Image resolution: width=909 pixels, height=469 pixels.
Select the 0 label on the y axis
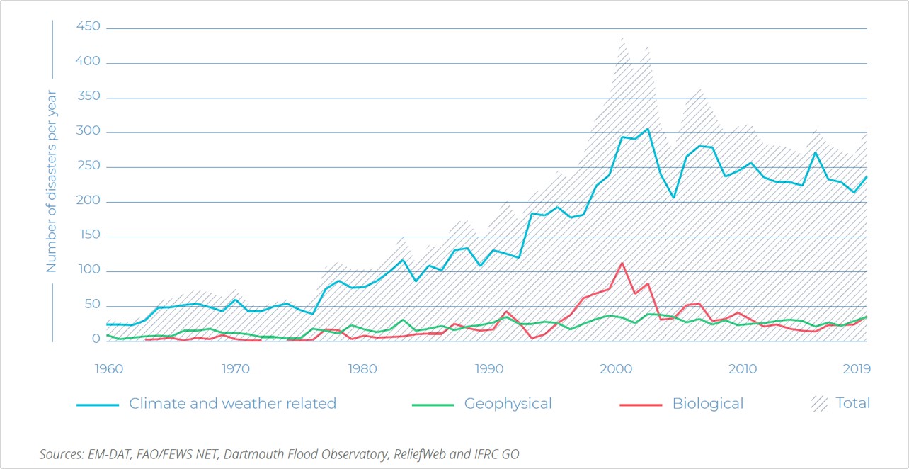pos(97,339)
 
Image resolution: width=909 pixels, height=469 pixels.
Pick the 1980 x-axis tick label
pos(362,369)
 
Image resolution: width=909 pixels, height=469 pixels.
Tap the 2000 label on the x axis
pos(615,369)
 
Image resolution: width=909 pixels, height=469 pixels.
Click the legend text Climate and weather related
pos(232,404)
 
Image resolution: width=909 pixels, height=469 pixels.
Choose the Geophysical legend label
pos(508,404)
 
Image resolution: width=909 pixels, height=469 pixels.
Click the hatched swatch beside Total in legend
pos(818,403)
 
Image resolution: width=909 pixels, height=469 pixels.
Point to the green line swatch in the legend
pos(432,405)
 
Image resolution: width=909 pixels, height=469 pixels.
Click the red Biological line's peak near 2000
pos(622,263)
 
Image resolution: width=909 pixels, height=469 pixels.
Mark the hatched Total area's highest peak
pos(622,38)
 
